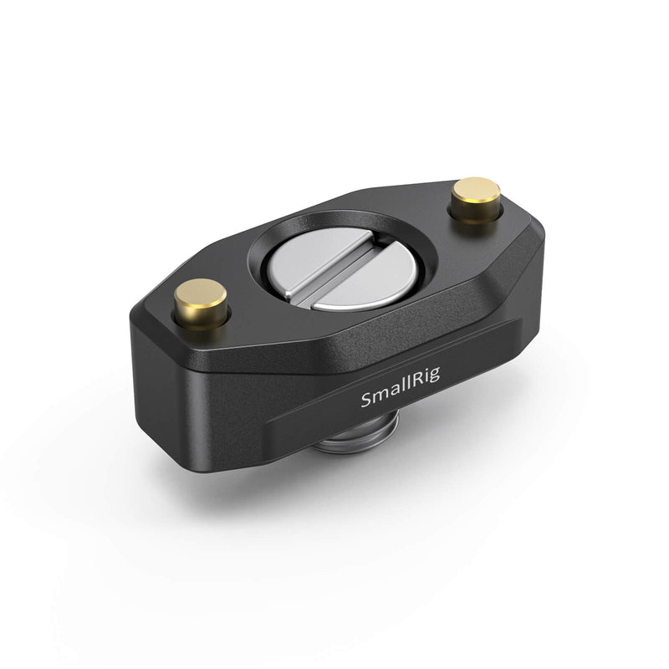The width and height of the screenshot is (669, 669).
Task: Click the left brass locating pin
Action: pyautogui.click(x=201, y=304)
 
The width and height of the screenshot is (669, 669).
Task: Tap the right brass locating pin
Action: pyautogui.click(x=476, y=201)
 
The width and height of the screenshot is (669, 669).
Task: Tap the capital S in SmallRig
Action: pyautogui.click(x=365, y=401)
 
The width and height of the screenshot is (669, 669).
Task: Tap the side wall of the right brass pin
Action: pyautogui.click(x=476, y=211)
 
